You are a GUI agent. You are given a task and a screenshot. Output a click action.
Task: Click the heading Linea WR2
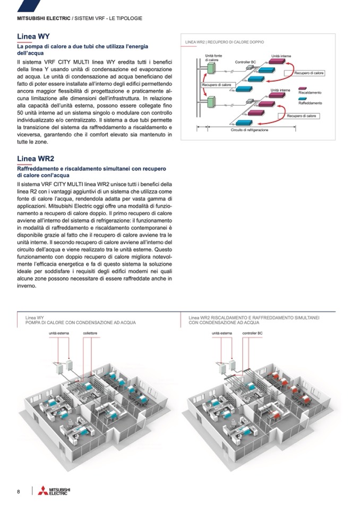pos(36,158)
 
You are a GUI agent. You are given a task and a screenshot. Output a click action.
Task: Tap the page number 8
pos(18,491)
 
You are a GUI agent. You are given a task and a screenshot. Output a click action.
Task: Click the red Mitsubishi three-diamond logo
pos(42,491)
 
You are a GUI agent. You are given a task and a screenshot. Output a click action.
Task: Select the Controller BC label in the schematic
pos(245,63)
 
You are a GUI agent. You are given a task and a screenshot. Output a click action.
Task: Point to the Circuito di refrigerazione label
pos(249,130)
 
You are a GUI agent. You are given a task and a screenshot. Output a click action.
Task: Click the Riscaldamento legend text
pos(310,92)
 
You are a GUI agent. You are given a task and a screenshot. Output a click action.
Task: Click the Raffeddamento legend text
pos(311,102)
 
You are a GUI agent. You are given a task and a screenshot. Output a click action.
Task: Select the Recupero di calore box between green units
pos(216,84)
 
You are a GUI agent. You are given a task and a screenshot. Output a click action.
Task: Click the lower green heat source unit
pos(210,101)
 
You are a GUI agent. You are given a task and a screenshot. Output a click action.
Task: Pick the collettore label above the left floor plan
pos(90,333)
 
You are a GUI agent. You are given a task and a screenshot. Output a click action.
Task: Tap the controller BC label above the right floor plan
pos(253,333)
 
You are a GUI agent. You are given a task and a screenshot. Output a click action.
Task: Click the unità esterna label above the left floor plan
pos(60,333)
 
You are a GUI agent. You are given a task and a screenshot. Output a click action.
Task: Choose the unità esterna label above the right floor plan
pos(222,333)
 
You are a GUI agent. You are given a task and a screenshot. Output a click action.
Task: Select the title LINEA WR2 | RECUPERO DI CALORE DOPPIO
pos(224,41)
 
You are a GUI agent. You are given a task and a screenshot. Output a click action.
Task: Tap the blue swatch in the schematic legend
pos(303,98)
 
